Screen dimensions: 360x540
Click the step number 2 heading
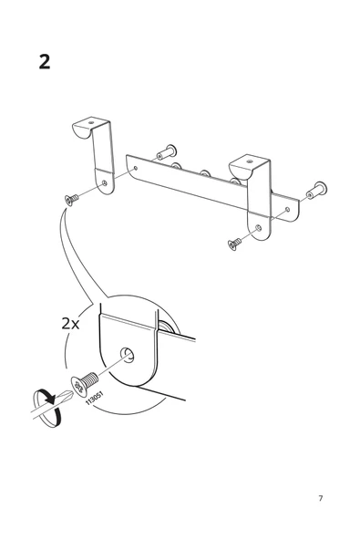pyautogui.click(x=45, y=62)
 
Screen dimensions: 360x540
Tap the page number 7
pyautogui.click(x=321, y=498)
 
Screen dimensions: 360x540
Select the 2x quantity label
pyautogui.click(x=70, y=323)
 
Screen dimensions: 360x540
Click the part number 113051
pyautogui.click(x=94, y=398)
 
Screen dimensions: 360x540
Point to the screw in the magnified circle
pyautogui.click(x=85, y=383)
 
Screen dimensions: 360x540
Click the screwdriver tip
pyautogui.click(x=69, y=395)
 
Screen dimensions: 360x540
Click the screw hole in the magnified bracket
pyautogui.click(x=127, y=355)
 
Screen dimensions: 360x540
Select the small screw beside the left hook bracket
pyautogui.click(x=71, y=199)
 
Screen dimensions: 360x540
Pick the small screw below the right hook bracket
pyautogui.click(x=234, y=244)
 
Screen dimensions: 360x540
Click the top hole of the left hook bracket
pyautogui.click(x=91, y=122)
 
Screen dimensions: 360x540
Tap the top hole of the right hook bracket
pyautogui.click(x=249, y=161)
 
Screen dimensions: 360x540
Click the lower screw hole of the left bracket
pyautogui.click(x=105, y=183)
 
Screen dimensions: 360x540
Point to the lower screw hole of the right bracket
pyautogui.click(x=259, y=228)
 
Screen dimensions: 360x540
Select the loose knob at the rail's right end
pyautogui.click(x=316, y=191)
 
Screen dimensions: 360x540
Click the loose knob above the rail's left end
pyautogui.click(x=167, y=152)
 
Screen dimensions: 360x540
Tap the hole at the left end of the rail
pyautogui.click(x=136, y=169)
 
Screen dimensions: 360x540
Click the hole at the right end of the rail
pyautogui.click(x=287, y=209)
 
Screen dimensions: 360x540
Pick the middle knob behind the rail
pyautogui.click(x=205, y=173)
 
